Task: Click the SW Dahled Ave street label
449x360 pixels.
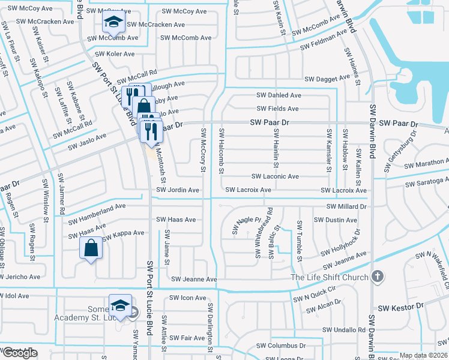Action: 279,95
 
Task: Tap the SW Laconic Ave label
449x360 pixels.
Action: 276,177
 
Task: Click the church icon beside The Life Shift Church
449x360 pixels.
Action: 376,277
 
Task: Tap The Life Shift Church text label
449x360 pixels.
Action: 329,277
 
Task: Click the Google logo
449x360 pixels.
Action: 20,353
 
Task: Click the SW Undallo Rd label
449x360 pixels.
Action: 343,330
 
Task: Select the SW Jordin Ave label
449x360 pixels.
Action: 177,190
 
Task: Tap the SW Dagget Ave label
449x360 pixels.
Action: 327,79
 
